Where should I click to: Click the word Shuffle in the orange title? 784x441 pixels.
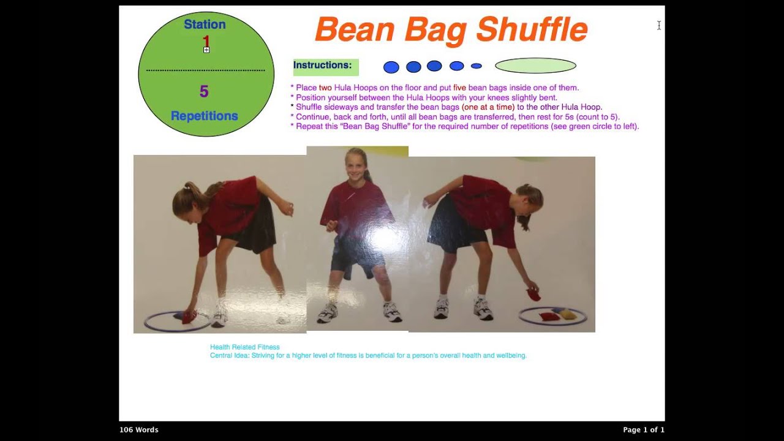[531, 29]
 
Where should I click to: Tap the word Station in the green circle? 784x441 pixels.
[205, 24]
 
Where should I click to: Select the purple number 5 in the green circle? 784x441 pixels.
[204, 92]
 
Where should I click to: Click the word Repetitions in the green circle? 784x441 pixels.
[204, 116]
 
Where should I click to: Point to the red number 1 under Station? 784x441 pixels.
[206, 41]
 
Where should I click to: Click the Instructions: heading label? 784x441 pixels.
[322, 66]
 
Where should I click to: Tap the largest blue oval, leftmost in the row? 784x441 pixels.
[391, 67]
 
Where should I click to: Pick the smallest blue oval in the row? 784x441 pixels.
[476, 66]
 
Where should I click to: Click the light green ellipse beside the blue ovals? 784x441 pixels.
[535, 66]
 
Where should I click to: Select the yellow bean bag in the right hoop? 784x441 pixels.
[568, 314]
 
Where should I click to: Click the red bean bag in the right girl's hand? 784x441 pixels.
[533, 295]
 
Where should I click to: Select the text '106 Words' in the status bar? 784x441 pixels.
[138, 430]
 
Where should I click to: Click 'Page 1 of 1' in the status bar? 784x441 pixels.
[643, 430]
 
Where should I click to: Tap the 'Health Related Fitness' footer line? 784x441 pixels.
[244, 347]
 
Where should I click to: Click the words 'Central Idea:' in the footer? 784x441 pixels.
[229, 355]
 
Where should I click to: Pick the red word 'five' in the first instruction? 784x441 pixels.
[459, 88]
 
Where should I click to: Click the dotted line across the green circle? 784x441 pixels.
[206, 70]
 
